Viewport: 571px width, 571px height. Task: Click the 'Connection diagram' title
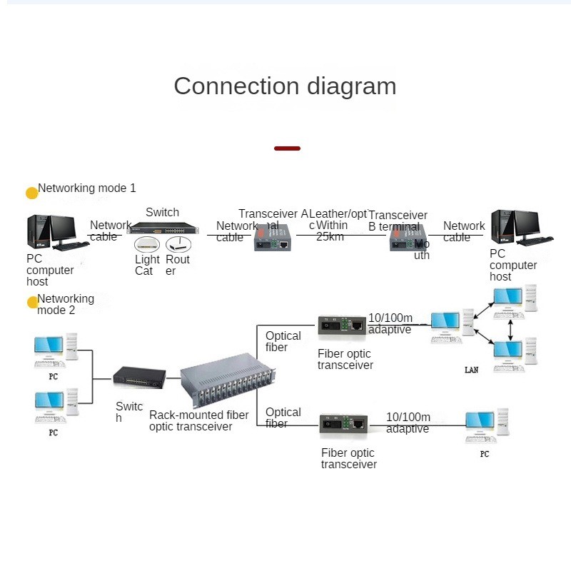click(x=285, y=86)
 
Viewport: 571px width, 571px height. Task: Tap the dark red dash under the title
click(x=287, y=148)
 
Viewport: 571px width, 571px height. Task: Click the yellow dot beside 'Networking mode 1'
click(x=31, y=193)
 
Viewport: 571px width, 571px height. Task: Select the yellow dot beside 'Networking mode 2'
click(x=32, y=303)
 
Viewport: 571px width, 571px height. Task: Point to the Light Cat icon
click(x=148, y=244)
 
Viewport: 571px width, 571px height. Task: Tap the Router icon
click(x=178, y=244)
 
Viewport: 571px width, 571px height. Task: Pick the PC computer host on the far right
click(x=525, y=228)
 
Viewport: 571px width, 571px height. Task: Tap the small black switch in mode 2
click(x=139, y=376)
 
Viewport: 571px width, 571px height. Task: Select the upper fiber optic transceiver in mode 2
click(x=341, y=325)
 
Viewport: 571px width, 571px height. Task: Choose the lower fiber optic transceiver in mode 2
click(x=343, y=425)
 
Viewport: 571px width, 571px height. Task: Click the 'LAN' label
click(x=471, y=370)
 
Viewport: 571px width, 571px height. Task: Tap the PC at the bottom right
click(x=485, y=428)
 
